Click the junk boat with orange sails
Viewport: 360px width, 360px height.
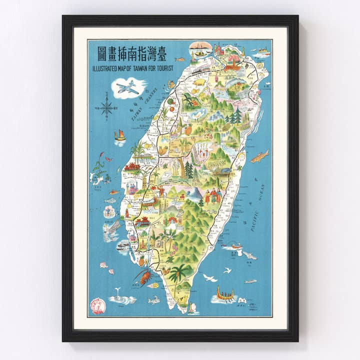tap(120, 136)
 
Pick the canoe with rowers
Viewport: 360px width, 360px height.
tap(223, 295)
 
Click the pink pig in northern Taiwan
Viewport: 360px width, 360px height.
tap(198, 81)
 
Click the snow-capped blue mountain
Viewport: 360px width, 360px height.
tap(194, 193)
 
